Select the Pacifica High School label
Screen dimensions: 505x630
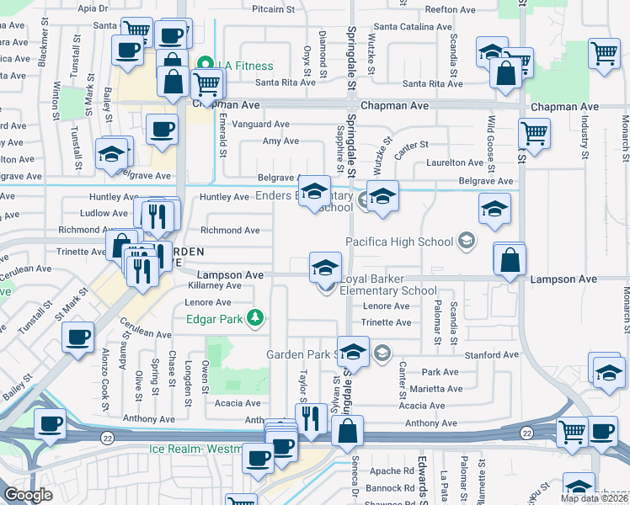click(x=400, y=242)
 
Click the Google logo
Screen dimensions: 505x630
click(x=29, y=495)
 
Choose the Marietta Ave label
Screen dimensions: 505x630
click(x=436, y=389)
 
